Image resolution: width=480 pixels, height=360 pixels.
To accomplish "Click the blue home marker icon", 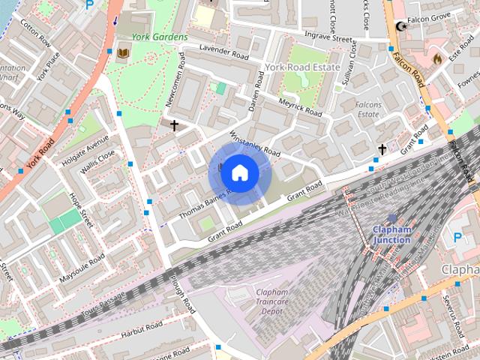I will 238,172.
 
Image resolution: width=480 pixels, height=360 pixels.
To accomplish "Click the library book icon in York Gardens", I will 123,52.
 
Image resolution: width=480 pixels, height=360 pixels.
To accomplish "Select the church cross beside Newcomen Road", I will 175,126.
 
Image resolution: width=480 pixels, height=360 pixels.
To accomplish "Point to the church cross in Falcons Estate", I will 382,150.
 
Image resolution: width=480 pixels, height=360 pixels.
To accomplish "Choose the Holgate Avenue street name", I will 88,142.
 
